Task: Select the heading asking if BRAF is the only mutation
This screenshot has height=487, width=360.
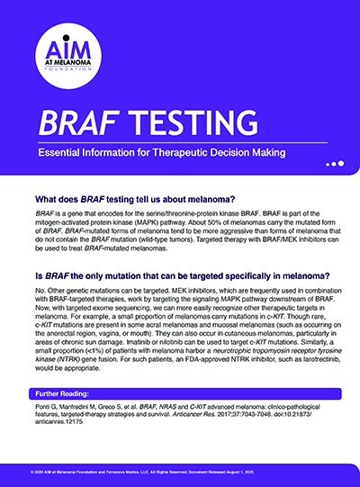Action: tap(180, 275)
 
